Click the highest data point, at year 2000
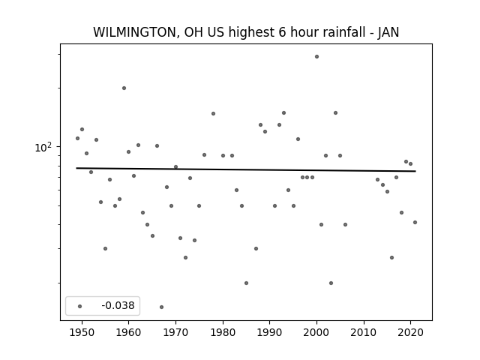coord(316,57)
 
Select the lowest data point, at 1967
coord(162,307)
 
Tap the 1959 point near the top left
coord(124,88)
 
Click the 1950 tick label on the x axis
coord(82,332)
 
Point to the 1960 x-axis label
coord(128,332)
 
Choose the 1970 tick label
coord(175,332)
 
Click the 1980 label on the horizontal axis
coord(223,332)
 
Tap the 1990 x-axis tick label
coord(270,332)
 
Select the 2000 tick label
coord(316,332)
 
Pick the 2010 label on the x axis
coord(364,332)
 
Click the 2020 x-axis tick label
coord(411,332)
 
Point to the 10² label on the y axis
coord(43,148)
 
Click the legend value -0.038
coord(118,305)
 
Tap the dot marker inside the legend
coord(80,306)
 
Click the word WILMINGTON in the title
coord(133,32)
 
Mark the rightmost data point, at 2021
coord(415,222)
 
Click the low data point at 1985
coord(247,283)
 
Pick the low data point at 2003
coord(331,283)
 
